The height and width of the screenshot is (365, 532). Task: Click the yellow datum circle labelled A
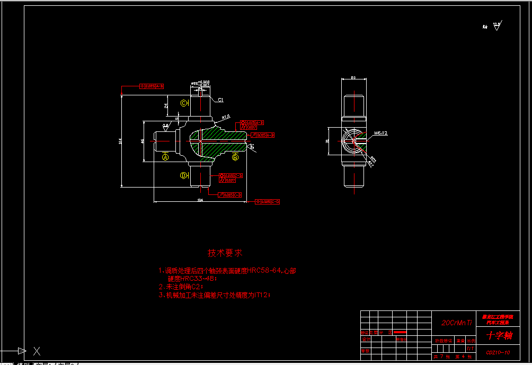tap(165, 157)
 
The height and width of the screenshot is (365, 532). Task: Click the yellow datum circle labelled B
tap(235, 156)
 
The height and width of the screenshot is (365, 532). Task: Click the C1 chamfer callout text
tap(220, 100)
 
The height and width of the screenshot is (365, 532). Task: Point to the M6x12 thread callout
tap(381, 133)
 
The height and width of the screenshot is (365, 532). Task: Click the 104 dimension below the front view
tap(200, 200)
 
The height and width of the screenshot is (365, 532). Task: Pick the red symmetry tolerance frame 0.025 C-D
tap(268, 201)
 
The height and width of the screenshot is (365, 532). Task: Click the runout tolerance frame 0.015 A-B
tap(262, 135)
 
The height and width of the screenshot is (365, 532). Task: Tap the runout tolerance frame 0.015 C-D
tap(230, 195)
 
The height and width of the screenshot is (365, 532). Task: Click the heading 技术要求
tap(225, 253)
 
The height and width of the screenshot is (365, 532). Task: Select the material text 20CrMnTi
tap(456, 322)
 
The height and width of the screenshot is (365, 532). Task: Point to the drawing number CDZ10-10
tap(498, 352)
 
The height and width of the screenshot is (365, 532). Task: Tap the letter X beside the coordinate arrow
tap(37, 351)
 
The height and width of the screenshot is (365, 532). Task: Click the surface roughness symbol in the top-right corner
tap(496, 26)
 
